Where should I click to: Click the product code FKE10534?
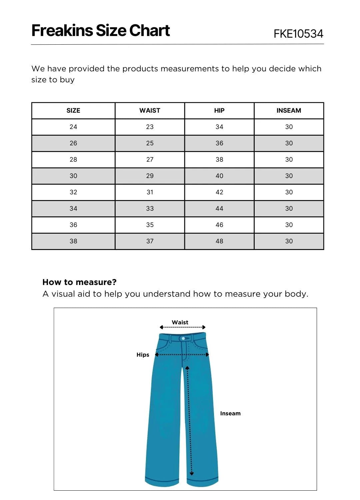pyautogui.click(x=298, y=34)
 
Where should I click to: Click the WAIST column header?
pyautogui.click(x=150, y=111)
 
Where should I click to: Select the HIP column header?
pyautogui.click(x=219, y=111)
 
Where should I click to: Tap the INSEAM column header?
pyautogui.click(x=289, y=111)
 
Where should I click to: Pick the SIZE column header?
pyautogui.click(x=73, y=111)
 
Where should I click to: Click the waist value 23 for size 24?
pyautogui.click(x=150, y=127)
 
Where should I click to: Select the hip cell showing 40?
pyautogui.click(x=219, y=176)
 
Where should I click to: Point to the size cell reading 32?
pyautogui.click(x=73, y=192)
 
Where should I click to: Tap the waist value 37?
pyautogui.click(x=150, y=241)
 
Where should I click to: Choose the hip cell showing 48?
pyautogui.click(x=219, y=241)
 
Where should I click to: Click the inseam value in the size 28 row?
pyautogui.click(x=289, y=160)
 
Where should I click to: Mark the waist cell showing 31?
pyautogui.click(x=150, y=192)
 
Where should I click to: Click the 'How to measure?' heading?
pyautogui.click(x=79, y=282)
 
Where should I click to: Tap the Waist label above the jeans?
pyautogui.click(x=180, y=322)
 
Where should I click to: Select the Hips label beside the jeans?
pyautogui.click(x=143, y=355)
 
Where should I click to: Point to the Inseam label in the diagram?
pyautogui.click(x=230, y=413)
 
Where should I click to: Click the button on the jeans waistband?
pyautogui.click(x=183, y=339)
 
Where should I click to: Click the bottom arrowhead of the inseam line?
pyautogui.click(x=192, y=473)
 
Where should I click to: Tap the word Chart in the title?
pyautogui.click(x=150, y=31)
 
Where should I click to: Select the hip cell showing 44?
pyautogui.click(x=219, y=209)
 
